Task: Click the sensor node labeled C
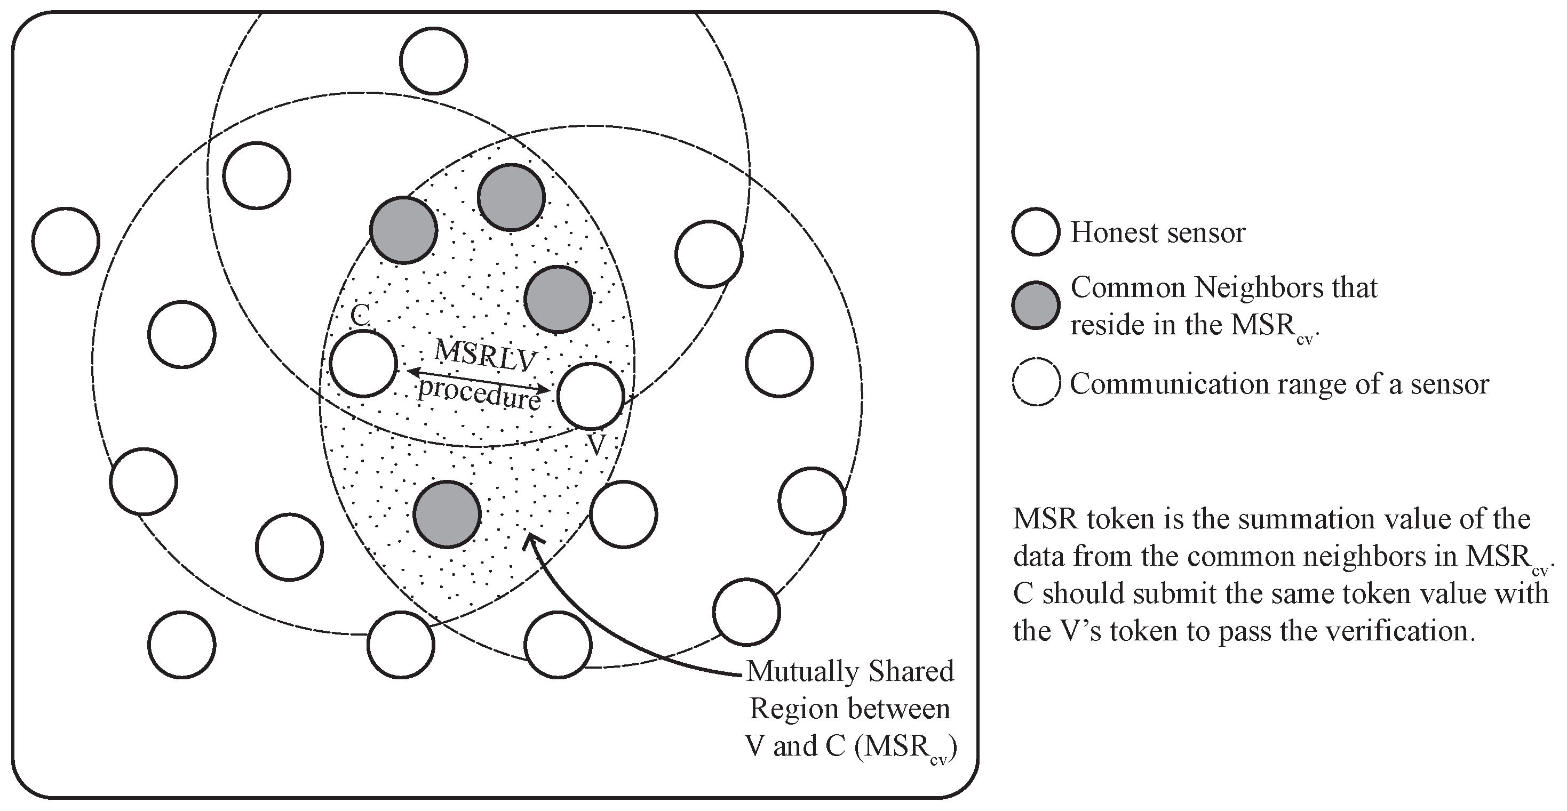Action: pos(363,364)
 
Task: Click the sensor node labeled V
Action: pos(591,396)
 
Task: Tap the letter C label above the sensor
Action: pos(360,316)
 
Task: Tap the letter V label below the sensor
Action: pos(596,445)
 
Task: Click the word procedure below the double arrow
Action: pos(479,394)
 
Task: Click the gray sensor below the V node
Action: pos(447,513)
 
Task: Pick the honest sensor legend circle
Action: pos(1036,231)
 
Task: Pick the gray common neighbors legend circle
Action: pos(1036,305)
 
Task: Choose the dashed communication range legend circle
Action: pos(1036,383)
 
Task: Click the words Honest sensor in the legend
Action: pos(1158,232)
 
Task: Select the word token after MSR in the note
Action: pos(1120,519)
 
